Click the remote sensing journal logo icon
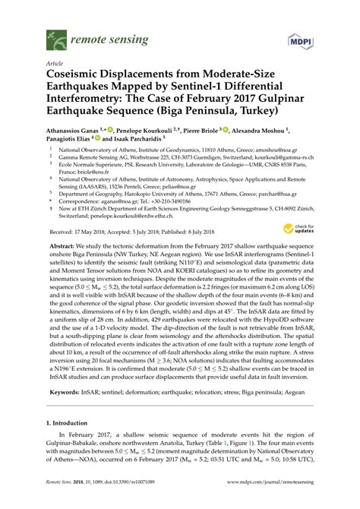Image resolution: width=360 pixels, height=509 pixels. [55, 36]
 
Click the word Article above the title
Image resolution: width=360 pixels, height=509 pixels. [55, 64]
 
